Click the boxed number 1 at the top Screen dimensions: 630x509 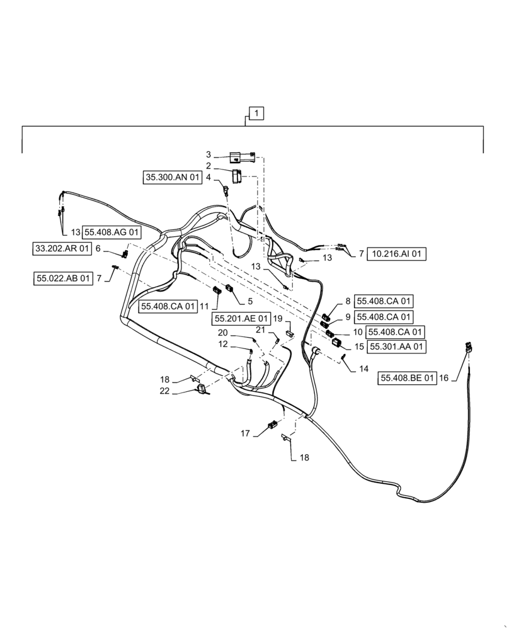click(257, 114)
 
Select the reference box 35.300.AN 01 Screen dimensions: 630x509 click(172, 178)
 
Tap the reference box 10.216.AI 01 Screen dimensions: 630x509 click(396, 254)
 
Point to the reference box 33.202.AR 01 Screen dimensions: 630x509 click(62, 249)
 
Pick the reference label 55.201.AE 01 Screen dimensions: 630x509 click(241, 319)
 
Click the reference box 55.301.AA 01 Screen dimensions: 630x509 click(396, 346)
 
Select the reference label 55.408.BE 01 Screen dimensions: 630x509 click(407, 378)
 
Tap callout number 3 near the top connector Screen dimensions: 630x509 click(209, 154)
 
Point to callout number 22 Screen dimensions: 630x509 click(164, 392)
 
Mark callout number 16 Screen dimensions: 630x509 click(444, 378)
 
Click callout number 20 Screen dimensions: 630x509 click(222, 333)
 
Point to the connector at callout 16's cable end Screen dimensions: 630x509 click(469, 346)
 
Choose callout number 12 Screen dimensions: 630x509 click(222, 344)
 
